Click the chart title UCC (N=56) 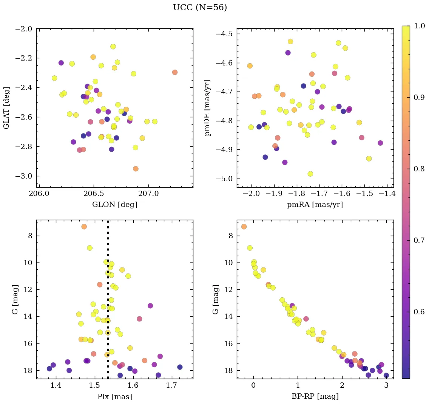pos(200,8)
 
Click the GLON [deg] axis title pos(114,205)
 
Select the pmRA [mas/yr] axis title pos(315,205)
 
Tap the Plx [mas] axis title pos(114,396)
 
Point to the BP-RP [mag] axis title pos(315,396)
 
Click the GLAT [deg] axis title pos(7,107)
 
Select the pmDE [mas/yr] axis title pos(207,107)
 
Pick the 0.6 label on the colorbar pos(419,312)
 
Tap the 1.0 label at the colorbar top pos(419,26)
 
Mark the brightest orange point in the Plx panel pos(84,227)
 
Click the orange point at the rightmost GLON pos(174,72)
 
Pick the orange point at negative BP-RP pos(244,227)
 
